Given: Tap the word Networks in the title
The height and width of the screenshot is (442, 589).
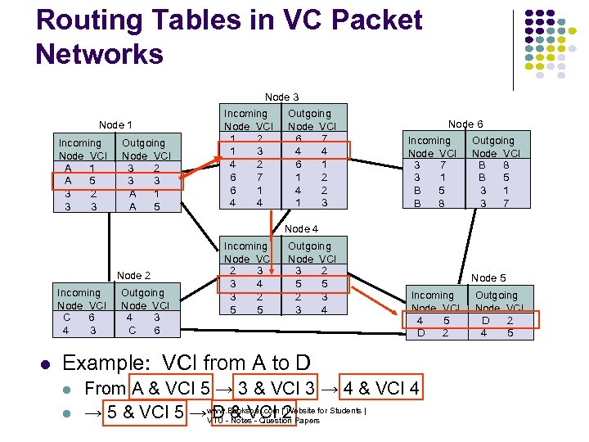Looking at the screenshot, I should [100, 55].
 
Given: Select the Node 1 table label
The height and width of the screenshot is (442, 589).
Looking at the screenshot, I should [115, 125].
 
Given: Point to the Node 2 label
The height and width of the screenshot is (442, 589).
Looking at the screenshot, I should [134, 275].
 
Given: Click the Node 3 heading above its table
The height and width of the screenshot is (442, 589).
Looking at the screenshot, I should [281, 97].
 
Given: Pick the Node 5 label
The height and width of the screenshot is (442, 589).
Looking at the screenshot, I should [488, 278].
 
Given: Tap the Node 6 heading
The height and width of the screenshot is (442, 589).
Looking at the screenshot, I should [465, 124].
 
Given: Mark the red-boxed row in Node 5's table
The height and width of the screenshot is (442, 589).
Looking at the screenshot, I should [470, 327].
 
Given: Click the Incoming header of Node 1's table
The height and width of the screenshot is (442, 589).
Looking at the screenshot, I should [80, 142].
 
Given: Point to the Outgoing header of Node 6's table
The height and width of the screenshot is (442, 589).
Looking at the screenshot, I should [493, 140].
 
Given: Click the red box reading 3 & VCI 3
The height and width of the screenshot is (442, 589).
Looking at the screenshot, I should [277, 389].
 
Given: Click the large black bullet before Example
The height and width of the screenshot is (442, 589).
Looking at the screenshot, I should [46, 363].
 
